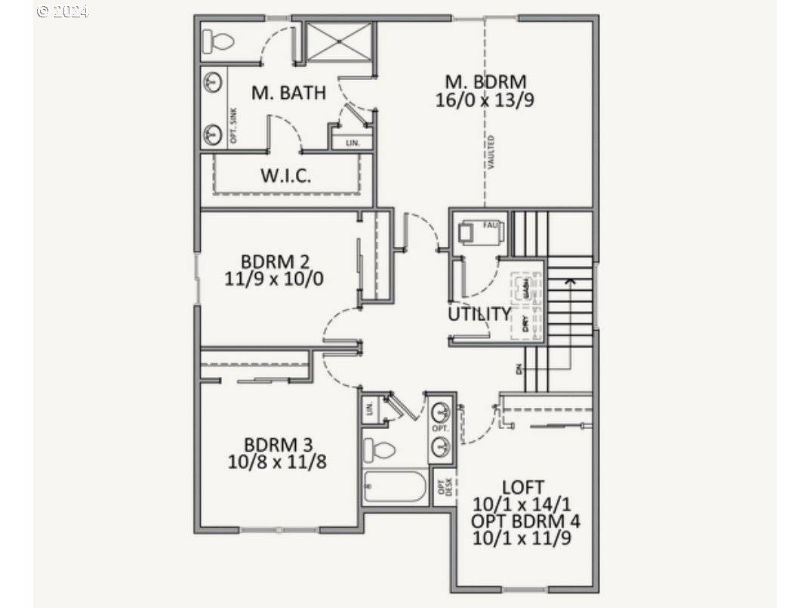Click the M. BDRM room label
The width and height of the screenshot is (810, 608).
(x=485, y=82)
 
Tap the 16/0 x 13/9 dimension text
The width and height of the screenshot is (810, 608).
(x=485, y=100)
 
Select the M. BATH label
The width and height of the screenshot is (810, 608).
(x=289, y=93)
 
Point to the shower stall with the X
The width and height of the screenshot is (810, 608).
(x=339, y=42)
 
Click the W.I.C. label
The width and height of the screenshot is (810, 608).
(x=286, y=176)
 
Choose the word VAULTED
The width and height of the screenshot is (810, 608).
(x=491, y=152)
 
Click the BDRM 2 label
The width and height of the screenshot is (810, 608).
(x=275, y=262)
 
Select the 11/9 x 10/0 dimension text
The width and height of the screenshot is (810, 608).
(x=275, y=279)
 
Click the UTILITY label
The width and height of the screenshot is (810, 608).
(x=479, y=313)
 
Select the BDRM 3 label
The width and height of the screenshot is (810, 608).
(x=278, y=444)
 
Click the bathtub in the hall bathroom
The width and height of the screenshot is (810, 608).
(x=395, y=486)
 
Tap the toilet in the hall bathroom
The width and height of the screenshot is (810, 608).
(x=380, y=451)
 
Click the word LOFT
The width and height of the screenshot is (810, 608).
(x=522, y=487)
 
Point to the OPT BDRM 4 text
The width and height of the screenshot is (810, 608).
(x=525, y=521)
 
